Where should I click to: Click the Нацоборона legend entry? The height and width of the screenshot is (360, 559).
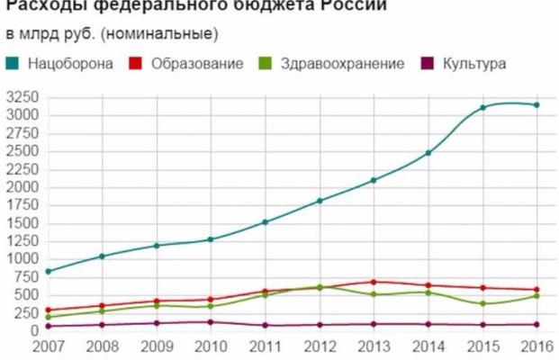click(x=70, y=64)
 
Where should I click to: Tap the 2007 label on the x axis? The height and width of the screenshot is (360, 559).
click(x=48, y=346)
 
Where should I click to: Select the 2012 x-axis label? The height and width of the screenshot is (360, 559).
click(x=320, y=346)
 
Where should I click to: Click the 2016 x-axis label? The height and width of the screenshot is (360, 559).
click(x=536, y=346)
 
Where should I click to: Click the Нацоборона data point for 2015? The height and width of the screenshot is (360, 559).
click(x=482, y=108)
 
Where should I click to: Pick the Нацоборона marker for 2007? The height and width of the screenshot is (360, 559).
click(x=48, y=271)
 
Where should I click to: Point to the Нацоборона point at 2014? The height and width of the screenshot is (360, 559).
click(x=428, y=153)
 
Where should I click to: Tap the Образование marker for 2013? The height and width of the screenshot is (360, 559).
click(x=374, y=282)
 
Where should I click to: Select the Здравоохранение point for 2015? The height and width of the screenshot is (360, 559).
click(x=482, y=303)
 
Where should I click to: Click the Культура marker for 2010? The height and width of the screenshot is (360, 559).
click(x=211, y=321)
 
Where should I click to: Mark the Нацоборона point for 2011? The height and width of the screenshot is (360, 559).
click(x=266, y=222)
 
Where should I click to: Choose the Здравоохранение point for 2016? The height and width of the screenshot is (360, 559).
click(x=536, y=295)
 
